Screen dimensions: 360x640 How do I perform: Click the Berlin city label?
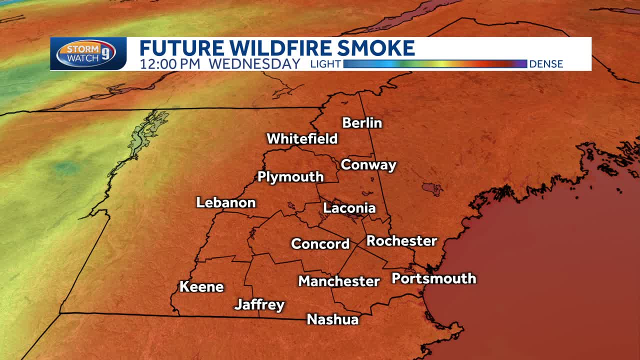[362, 123]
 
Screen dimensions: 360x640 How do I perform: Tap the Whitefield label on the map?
[302, 138]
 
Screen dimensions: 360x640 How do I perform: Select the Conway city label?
[368, 165]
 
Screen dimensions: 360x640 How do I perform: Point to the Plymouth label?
[290, 177]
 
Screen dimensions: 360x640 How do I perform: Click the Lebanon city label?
[226, 202]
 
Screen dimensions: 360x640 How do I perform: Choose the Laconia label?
[349, 208]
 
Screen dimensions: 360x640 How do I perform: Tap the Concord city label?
[320, 244]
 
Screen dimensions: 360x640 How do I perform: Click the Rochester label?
[402, 241]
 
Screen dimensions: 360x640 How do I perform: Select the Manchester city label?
[339, 281]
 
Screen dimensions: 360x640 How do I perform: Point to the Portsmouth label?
[433, 278]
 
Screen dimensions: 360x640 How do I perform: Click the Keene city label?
[201, 287]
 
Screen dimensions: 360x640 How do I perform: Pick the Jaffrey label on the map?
[259, 304]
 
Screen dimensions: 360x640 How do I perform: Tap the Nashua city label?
[333, 319]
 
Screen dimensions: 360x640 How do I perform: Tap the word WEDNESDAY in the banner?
[254, 64]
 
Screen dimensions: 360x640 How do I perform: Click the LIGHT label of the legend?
[325, 64]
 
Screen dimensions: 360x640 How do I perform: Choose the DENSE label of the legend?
[546, 64]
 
